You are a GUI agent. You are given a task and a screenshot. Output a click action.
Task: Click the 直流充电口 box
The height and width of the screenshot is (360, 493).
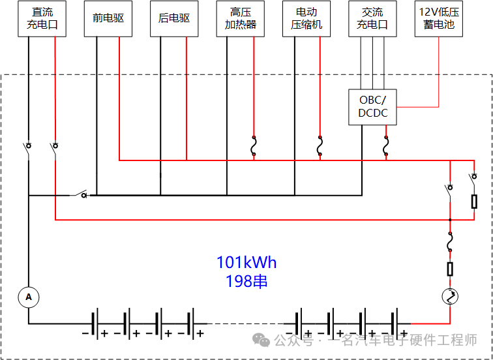tap(41, 19)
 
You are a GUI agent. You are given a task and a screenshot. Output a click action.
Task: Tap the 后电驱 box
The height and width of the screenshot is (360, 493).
tap(173, 19)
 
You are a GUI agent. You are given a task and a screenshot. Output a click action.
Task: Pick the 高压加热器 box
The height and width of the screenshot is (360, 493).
tap(241, 19)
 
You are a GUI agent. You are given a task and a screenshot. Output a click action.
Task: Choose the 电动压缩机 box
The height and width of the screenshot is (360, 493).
tap(306, 19)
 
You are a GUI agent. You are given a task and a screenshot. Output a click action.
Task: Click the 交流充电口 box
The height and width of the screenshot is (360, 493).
tap(372, 19)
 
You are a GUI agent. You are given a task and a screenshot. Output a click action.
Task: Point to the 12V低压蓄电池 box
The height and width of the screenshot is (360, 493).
tap(438, 19)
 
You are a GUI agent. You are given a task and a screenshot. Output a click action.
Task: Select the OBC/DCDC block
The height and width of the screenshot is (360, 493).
tap(372, 106)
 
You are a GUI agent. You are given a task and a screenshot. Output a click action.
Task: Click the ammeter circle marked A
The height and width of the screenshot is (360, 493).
tap(28, 297)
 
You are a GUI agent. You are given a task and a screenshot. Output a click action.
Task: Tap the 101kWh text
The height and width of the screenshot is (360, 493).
tap(246, 262)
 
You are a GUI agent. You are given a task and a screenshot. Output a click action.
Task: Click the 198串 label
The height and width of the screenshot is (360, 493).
tap(246, 281)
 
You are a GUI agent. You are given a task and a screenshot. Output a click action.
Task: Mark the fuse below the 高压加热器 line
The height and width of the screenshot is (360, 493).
tap(253, 147)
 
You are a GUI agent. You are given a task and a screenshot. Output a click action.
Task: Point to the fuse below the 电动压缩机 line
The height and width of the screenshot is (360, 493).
tap(320, 147)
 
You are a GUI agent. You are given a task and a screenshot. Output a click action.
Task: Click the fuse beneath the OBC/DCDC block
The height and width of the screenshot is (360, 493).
tap(386, 147)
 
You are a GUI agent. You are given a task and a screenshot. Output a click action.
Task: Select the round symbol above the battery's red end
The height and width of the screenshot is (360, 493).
tap(450, 297)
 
